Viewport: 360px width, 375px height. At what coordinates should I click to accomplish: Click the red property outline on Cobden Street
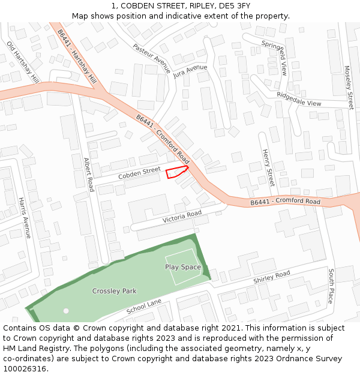(x=176, y=172)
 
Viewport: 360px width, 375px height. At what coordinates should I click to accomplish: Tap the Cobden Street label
(x=139, y=173)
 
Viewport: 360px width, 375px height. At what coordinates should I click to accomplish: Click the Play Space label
(x=183, y=267)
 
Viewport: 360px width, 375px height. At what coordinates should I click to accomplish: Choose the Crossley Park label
(x=114, y=291)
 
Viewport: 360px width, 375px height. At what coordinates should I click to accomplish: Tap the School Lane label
(x=144, y=307)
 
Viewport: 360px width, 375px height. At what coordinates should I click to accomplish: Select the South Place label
(x=331, y=286)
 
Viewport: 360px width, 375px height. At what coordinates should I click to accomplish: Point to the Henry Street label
(x=268, y=169)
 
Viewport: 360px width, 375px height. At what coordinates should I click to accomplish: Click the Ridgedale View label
(x=299, y=99)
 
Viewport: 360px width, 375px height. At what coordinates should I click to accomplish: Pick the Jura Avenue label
(x=190, y=72)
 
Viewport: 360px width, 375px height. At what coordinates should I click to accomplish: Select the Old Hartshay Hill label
(x=23, y=62)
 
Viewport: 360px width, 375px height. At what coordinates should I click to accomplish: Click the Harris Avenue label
(x=24, y=218)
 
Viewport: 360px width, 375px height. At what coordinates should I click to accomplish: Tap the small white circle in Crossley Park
(x=66, y=311)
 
